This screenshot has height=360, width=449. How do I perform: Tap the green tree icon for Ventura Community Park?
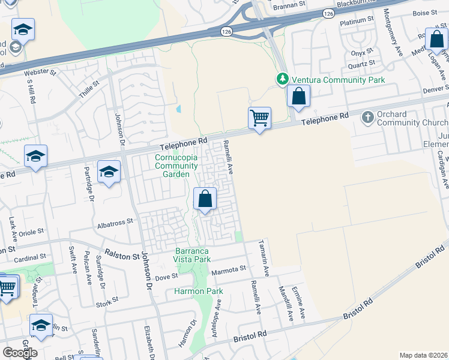(282, 79)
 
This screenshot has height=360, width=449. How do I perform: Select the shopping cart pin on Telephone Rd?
(259, 118)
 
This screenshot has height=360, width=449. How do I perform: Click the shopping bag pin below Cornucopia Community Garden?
(205, 199)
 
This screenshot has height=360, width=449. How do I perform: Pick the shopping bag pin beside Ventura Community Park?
(298, 96)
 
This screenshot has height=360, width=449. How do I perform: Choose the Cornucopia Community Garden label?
(176, 166)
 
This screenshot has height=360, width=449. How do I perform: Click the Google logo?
(20, 353)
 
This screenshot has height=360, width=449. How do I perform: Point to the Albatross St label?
(115, 222)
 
